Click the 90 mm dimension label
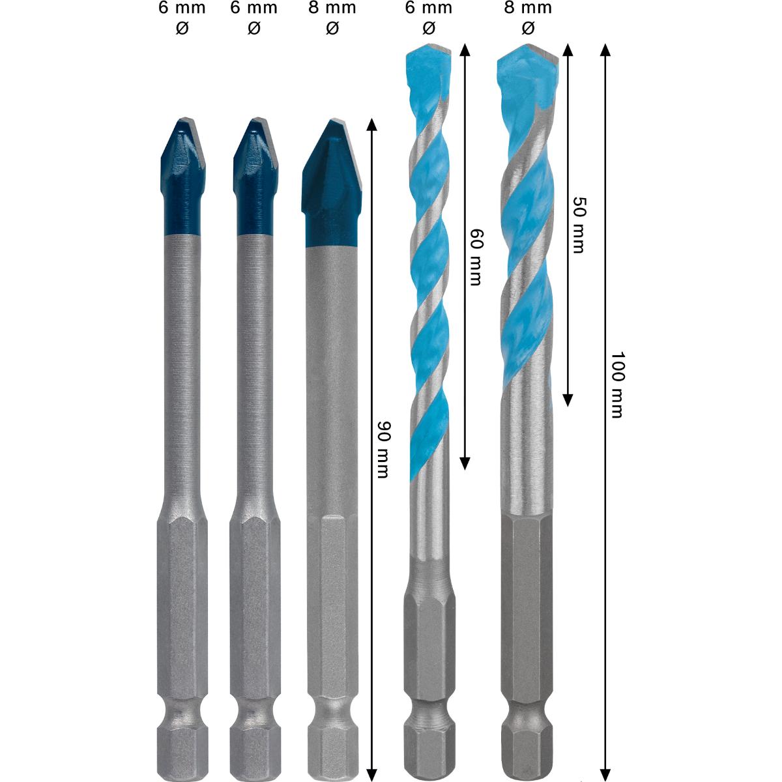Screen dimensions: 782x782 pos(383,450)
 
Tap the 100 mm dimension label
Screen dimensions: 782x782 pos(617,384)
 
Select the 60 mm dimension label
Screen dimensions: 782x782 pos(476,257)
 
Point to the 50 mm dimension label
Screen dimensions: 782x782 pos(578,225)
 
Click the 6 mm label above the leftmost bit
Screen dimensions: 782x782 pos(182,8)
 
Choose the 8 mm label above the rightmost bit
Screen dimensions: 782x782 pos(528,8)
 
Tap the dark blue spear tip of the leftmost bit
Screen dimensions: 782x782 pos(182,177)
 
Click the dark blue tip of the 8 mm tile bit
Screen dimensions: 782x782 pos(332,182)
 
